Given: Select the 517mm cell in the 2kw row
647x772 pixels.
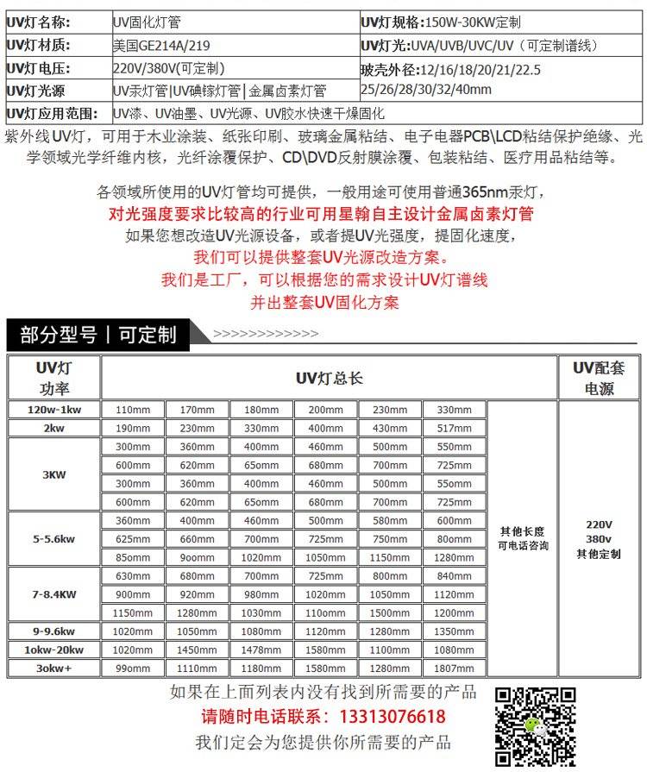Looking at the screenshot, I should coord(454,428).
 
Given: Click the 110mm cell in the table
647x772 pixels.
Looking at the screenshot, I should coord(133,410).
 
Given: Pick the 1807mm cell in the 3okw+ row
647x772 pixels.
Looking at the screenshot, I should coord(454,668).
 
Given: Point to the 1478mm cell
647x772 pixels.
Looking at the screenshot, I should coord(261,650).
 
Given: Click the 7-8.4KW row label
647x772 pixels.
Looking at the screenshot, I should coord(53,594).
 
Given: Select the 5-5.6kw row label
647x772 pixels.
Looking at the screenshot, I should coord(53,539).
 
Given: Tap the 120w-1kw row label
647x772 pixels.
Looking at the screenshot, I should coord(53,410).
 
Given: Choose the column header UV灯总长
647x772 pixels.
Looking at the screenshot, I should coord(329,378).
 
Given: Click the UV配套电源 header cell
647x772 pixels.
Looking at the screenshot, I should coord(599,378).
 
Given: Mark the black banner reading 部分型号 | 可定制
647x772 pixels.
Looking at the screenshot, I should coord(98,335).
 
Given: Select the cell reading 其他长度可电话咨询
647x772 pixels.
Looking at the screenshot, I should coord(522,539).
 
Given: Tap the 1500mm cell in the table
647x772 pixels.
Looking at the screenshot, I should coord(390,612).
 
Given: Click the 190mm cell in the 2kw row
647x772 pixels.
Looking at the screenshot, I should coord(133,428).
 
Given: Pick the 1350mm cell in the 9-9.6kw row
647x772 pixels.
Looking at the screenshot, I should coord(454,631).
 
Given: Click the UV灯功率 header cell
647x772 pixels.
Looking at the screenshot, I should coord(53,378).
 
